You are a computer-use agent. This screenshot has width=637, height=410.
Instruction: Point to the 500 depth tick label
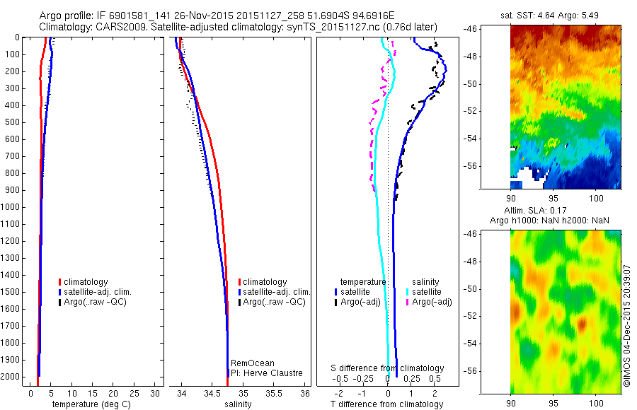click(x=13, y=122)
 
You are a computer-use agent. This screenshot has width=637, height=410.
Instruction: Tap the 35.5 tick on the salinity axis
click(x=274, y=392)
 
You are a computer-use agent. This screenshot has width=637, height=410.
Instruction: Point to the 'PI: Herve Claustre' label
click(x=266, y=373)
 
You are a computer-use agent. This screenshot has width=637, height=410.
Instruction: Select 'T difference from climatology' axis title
click(x=386, y=404)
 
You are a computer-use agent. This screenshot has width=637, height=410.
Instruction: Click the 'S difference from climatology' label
click(x=388, y=368)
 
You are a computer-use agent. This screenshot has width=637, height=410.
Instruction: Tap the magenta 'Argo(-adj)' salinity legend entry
click(x=431, y=303)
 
